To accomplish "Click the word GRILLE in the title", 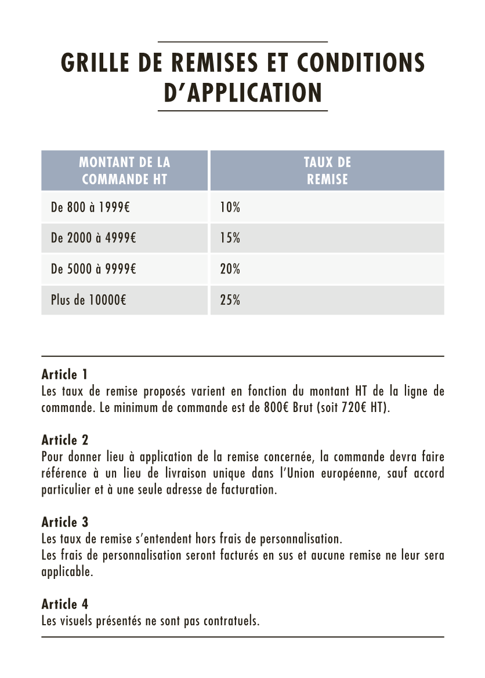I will pos(95,63).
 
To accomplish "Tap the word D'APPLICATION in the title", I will pos(242,92).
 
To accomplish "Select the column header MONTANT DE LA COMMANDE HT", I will pos(124,170).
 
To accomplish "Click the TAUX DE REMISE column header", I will pos(327,170).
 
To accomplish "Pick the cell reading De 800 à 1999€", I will pos(90,207).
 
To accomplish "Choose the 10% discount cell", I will pos(230,207).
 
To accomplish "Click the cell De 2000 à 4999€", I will pos(93,238).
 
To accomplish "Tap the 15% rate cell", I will pos(230,238).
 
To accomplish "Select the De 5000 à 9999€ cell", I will pos(93,269).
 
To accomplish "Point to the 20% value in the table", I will pos(230,269).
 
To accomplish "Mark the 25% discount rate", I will pos(230,300).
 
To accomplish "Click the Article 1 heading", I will pos(64,374).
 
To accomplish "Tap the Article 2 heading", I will pos(65,440).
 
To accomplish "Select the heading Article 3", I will pos(65,523).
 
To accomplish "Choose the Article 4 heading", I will pos(65,604).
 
